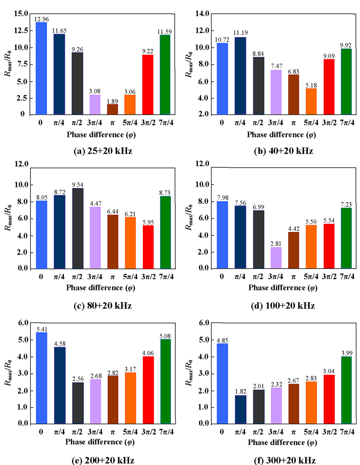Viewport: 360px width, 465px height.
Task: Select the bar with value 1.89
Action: click(112, 109)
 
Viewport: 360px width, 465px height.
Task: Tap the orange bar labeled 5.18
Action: click(311, 101)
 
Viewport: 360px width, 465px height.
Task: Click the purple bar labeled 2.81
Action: click(276, 258)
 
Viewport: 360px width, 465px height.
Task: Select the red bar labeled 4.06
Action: click(148, 390)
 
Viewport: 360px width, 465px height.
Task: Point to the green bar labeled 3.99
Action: click(346, 390)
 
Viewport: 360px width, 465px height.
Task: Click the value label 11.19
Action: click(241, 33)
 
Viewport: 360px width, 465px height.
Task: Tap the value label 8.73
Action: click(165, 193)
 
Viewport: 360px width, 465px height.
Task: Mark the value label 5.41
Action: click(42, 329)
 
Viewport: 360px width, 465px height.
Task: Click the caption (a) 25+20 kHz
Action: click(103, 151)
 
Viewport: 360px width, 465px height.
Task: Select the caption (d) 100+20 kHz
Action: click(283, 306)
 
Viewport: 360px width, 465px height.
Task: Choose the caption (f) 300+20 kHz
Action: click(285, 460)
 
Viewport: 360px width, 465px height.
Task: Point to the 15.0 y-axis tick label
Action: click(21, 14)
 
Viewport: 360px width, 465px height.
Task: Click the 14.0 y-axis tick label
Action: click(202, 14)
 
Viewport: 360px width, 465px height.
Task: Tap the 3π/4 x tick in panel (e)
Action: click(95, 432)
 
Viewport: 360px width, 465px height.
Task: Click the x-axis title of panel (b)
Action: click(281, 135)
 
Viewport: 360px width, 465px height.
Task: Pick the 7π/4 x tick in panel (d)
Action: click(347, 276)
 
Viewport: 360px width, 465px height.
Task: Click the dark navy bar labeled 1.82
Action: click(240, 409)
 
